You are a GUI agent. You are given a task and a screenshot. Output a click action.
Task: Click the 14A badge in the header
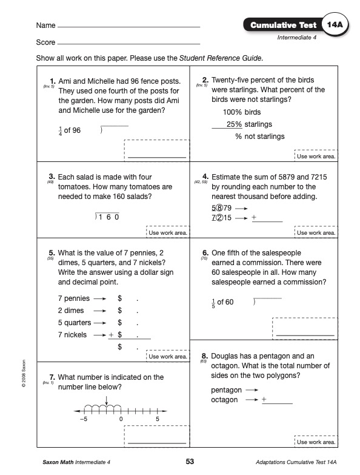click(335, 25)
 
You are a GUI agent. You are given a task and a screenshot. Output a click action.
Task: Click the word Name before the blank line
click(45, 25)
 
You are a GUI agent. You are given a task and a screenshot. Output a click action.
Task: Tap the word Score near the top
click(45, 42)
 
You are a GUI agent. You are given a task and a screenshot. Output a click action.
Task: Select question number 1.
click(53, 81)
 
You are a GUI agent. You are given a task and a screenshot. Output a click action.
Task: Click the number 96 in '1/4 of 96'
click(76, 130)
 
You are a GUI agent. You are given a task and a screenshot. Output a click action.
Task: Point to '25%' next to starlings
click(234, 124)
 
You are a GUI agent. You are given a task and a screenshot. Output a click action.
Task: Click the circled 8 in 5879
click(220, 208)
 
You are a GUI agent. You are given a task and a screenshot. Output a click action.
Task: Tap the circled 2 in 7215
click(220, 218)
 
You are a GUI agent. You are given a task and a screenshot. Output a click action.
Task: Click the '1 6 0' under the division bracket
click(108, 217)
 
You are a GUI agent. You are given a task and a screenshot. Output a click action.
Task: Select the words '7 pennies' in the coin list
click(74, 298)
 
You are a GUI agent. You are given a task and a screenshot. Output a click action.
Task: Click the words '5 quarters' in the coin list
click(75, 323)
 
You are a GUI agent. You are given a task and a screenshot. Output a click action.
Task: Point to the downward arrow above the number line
click(107, 400)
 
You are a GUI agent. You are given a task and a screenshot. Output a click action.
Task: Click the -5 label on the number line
click(84, 419)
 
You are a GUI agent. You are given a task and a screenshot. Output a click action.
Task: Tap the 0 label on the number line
click(121, 419)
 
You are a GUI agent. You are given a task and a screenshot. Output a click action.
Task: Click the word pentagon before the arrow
click(226, 390)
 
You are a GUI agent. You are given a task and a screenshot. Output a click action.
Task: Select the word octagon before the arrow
click(224, 400)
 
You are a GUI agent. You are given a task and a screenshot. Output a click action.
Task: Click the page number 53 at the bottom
click(190, 462)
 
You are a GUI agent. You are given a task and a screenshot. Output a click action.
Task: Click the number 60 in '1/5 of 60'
click(229, 302)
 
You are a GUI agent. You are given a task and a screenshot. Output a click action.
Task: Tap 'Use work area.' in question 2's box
click(316, 157)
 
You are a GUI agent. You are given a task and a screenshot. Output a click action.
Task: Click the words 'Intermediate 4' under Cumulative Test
click(297, 38)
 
